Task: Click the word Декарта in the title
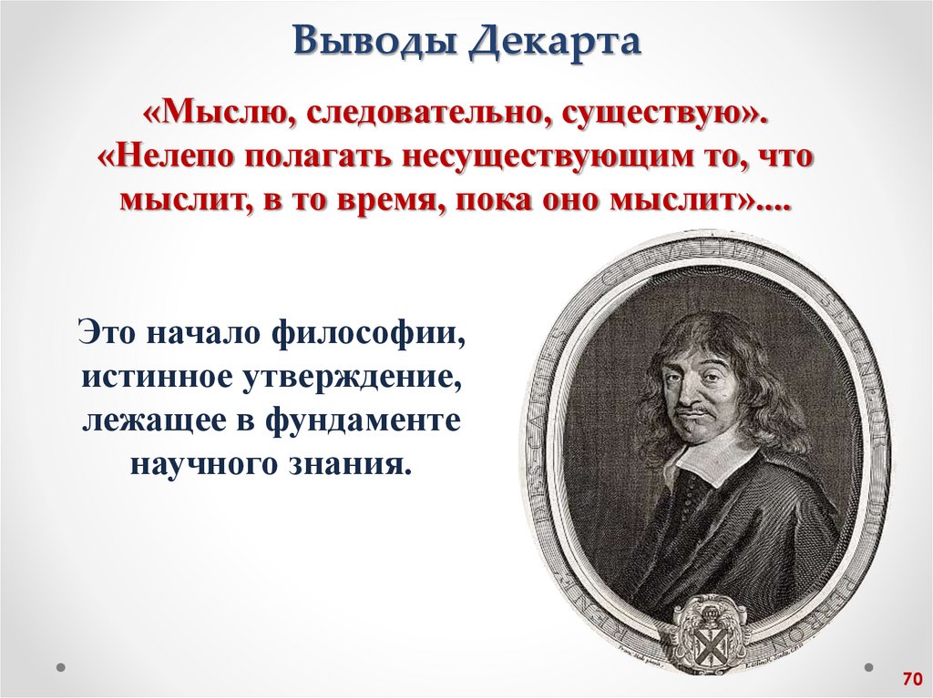(556, 43)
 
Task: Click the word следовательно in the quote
(419, 116)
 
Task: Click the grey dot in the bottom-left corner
(59, 666)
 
